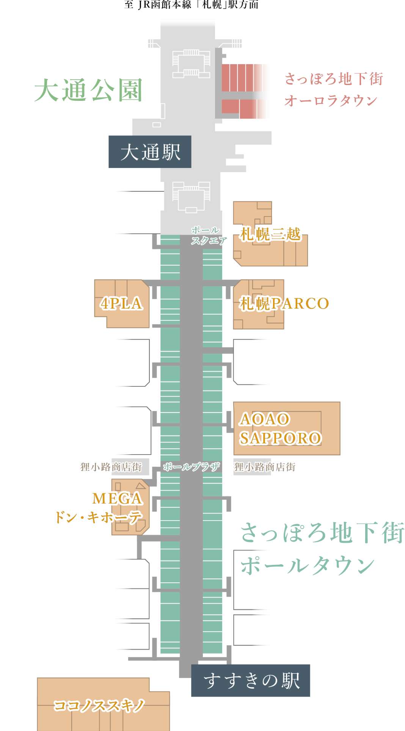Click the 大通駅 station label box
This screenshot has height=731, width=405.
pos(150,152)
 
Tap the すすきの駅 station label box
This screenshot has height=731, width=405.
pos(251,680)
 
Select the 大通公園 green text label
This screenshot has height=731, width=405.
pos(88,90)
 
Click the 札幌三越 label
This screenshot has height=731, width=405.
pos(270,234)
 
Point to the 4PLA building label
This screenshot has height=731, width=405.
pos(122,303)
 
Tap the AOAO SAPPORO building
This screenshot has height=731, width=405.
pos(286,428)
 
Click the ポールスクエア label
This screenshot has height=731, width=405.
pos(208,235)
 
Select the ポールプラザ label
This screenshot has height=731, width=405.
pos(192,467)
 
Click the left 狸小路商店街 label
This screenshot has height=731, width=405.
pos(111,467)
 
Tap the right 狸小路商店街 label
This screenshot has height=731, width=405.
pos(265,467)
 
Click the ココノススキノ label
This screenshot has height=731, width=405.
pos(99,705)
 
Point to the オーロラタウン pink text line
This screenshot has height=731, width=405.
pos(331,100)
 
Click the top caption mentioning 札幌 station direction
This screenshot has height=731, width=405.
pos(192,5)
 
